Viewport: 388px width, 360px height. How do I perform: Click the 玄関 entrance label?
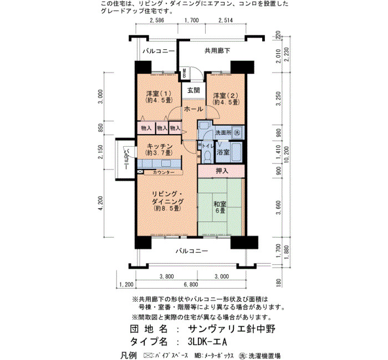193,90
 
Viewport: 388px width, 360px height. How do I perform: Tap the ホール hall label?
193,109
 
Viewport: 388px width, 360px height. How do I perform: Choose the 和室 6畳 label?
219,208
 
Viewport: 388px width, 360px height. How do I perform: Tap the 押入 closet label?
222,171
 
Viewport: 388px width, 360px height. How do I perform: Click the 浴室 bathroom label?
223,152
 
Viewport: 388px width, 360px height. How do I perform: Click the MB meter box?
185,73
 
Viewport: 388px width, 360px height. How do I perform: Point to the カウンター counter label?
164,172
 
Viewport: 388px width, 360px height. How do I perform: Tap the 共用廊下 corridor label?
217,51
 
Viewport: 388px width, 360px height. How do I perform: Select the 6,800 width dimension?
191,284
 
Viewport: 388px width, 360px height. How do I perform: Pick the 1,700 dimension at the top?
192,20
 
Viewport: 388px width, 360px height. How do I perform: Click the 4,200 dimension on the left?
100,203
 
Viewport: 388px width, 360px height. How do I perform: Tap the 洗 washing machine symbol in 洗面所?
237,132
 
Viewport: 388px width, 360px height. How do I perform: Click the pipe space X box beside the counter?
140,171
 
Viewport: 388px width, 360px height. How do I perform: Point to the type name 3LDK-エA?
207,342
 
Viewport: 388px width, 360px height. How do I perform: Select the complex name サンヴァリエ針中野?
232,329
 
